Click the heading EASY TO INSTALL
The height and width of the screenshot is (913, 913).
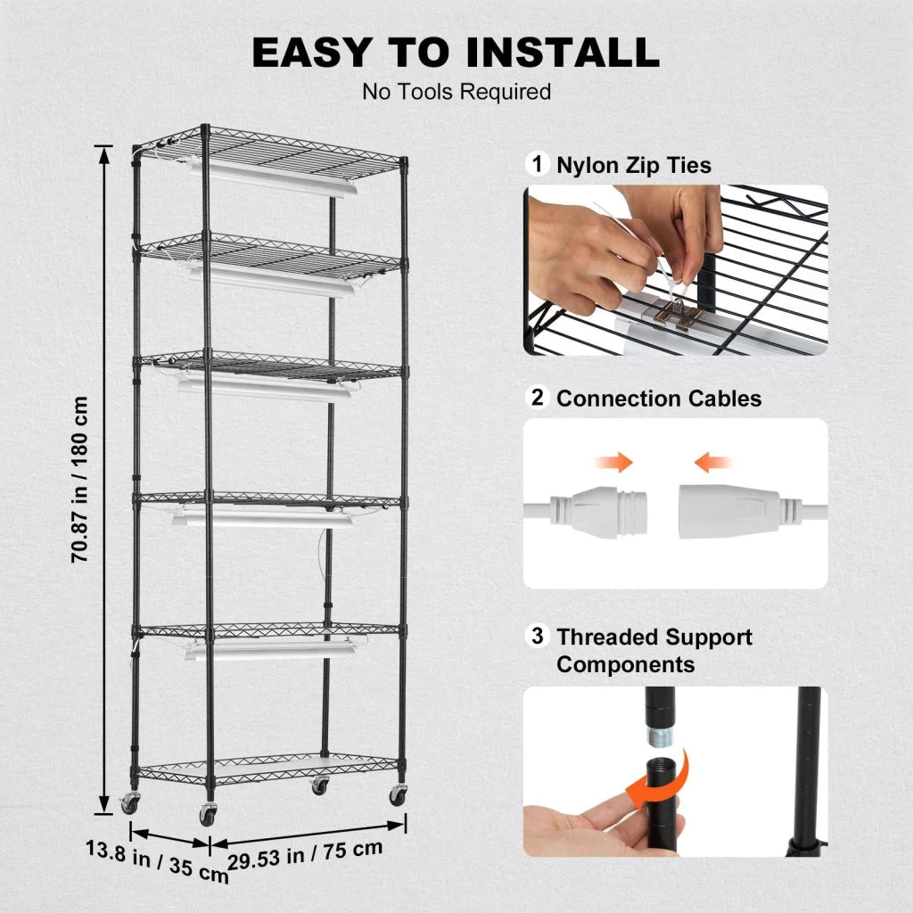(456, 53)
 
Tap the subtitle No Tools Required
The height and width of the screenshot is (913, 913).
(456, 92)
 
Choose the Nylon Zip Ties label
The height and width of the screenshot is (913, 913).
(634, 165)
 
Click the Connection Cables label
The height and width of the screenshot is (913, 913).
(659, 399)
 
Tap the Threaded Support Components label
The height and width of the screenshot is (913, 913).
(654, 651)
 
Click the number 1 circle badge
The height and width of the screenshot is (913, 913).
(537, 164)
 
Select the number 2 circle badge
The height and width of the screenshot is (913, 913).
(537, 398)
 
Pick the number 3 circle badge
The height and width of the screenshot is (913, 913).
(537, 637)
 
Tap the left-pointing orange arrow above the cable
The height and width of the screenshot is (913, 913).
(713, 462)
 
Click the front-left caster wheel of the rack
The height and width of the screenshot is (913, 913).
(207, 813)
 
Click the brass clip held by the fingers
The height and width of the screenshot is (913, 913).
(678, 314)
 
